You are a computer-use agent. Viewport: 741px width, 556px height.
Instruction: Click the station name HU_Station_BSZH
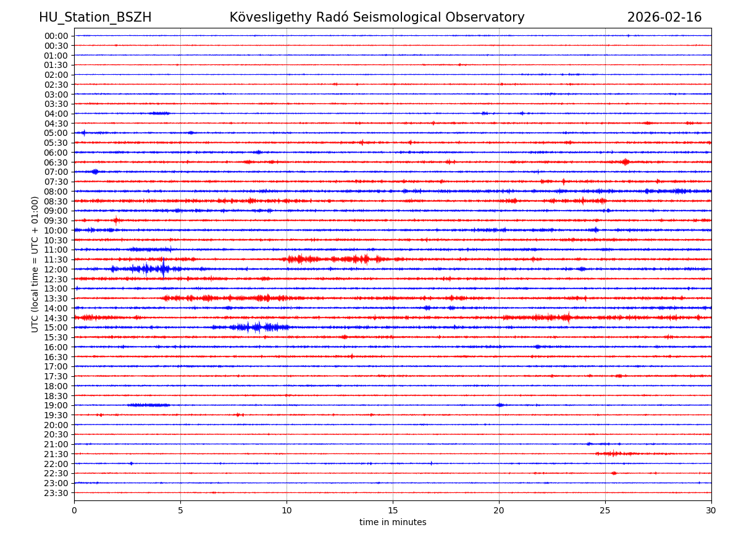(x=95, y=17)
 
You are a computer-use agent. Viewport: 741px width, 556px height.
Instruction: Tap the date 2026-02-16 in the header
(x=664, y=17)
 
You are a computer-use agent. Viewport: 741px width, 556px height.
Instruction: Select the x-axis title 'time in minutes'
(x=393, y=523)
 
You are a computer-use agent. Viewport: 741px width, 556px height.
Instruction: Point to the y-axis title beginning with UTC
(x=35, y=264)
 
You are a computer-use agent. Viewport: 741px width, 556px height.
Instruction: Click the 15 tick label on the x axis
(x=393, y=511)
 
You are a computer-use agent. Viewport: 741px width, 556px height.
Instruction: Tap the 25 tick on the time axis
(x=605, y=511)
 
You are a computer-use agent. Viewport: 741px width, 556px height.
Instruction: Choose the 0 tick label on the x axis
(x=74, y=511)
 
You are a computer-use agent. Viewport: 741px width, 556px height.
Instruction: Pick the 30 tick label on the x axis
(x=711, y=511)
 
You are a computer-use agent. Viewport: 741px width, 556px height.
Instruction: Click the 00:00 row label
(x=56, y=36)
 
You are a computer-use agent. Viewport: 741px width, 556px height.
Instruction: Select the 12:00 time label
(x=56, y=269)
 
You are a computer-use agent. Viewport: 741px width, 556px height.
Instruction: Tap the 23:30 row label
(x=56, y=493)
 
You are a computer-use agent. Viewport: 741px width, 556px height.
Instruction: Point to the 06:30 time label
(x=56, y=162)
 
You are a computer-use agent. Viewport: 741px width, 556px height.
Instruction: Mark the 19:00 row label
(x=56, y=405)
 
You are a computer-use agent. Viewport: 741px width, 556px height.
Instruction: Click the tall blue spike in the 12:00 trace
(x=163, y=269)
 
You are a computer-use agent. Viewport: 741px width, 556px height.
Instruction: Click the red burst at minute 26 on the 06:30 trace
(x=626, y=162)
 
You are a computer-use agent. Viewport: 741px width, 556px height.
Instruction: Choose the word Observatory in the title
(x=488, y=17)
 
